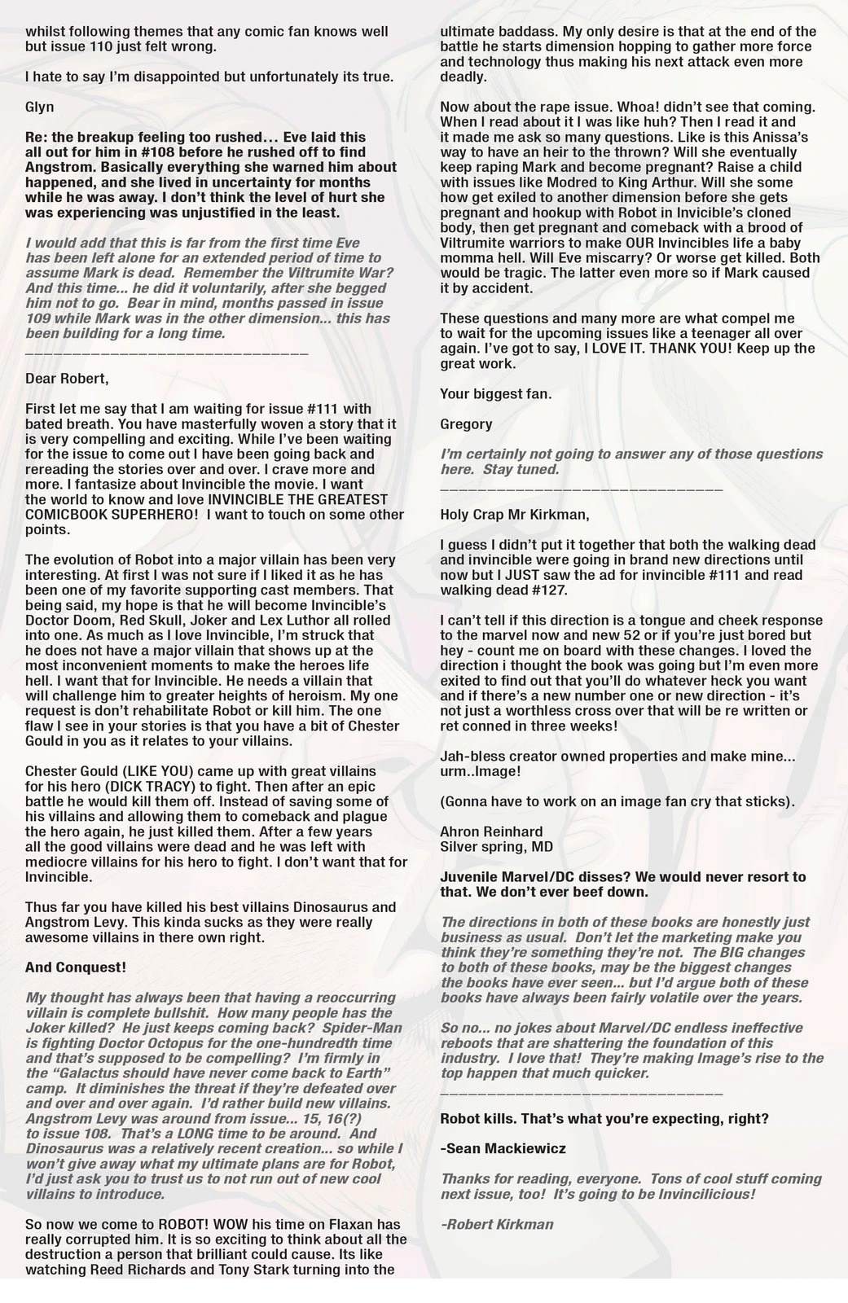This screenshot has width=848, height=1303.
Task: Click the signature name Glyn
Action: click(x=40, y=107)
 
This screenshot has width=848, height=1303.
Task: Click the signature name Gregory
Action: click(x=466, y=423)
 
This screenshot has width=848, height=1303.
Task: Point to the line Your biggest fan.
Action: click(x=495, y=393)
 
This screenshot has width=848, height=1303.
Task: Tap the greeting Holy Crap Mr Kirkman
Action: click(x=514, y=515)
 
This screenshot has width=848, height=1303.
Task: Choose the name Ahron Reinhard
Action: click(x=491, y=831)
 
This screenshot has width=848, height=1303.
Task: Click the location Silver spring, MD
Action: click(x=496, y=846)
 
